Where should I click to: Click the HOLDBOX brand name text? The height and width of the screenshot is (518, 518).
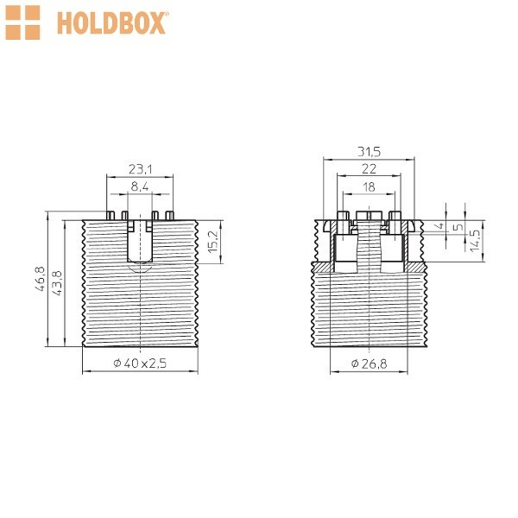pos(111,23)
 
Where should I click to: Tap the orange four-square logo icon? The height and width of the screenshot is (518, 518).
pos(22,22)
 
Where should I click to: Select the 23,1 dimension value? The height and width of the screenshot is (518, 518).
pos(140,169)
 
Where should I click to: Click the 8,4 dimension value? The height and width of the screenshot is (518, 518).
pos(140,186)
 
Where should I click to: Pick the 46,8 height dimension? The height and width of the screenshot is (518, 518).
pos(40,279)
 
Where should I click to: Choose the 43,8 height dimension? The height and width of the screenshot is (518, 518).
pos(57,283)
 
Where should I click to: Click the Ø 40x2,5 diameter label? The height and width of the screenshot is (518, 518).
pos(140,363)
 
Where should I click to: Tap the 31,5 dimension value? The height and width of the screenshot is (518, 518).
pos(369,152)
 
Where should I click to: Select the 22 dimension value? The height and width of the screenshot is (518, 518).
pos(369,169)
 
